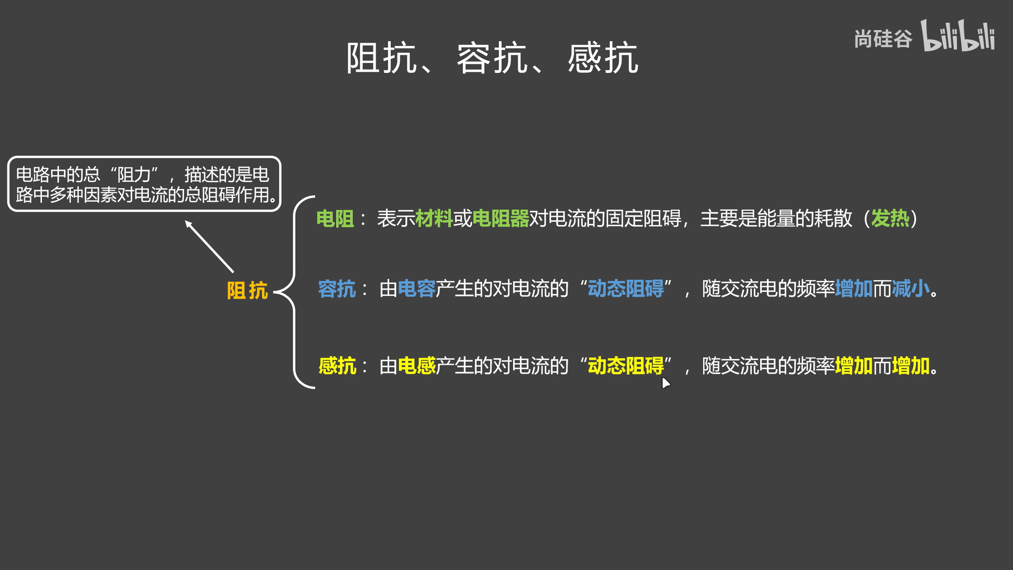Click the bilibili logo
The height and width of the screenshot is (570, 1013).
click(958, 36)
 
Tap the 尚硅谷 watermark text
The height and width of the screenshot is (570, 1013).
click(883, 39)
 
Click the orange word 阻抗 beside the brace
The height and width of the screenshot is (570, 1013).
click(247, 291)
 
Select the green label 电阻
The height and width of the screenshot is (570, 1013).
click(335, 219)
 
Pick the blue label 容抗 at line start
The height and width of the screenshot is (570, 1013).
click(337, 289)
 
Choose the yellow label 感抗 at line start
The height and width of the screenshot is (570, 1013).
click(337, 366)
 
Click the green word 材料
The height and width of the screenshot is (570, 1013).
click(433, 219)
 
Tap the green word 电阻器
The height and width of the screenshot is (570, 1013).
click(500, 219)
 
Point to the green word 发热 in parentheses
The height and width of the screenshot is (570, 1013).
click(889, 219)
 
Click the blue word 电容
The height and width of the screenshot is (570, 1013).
click(416, 289)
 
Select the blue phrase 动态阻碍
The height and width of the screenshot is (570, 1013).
click(626, 289)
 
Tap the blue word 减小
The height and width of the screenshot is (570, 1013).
click(910, 289)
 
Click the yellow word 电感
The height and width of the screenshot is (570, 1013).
click(416, 366)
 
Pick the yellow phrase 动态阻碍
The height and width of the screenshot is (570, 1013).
click(626, 366)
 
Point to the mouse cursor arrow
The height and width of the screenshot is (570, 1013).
click(665, 382)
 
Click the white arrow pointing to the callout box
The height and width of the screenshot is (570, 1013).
click(209, 246)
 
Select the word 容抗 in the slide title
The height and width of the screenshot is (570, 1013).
click(492, 58)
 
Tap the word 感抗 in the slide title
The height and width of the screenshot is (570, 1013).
click(603, 58)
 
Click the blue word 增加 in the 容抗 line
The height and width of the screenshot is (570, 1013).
click(853, 289)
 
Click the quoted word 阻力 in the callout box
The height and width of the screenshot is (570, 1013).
click(134, 174)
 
